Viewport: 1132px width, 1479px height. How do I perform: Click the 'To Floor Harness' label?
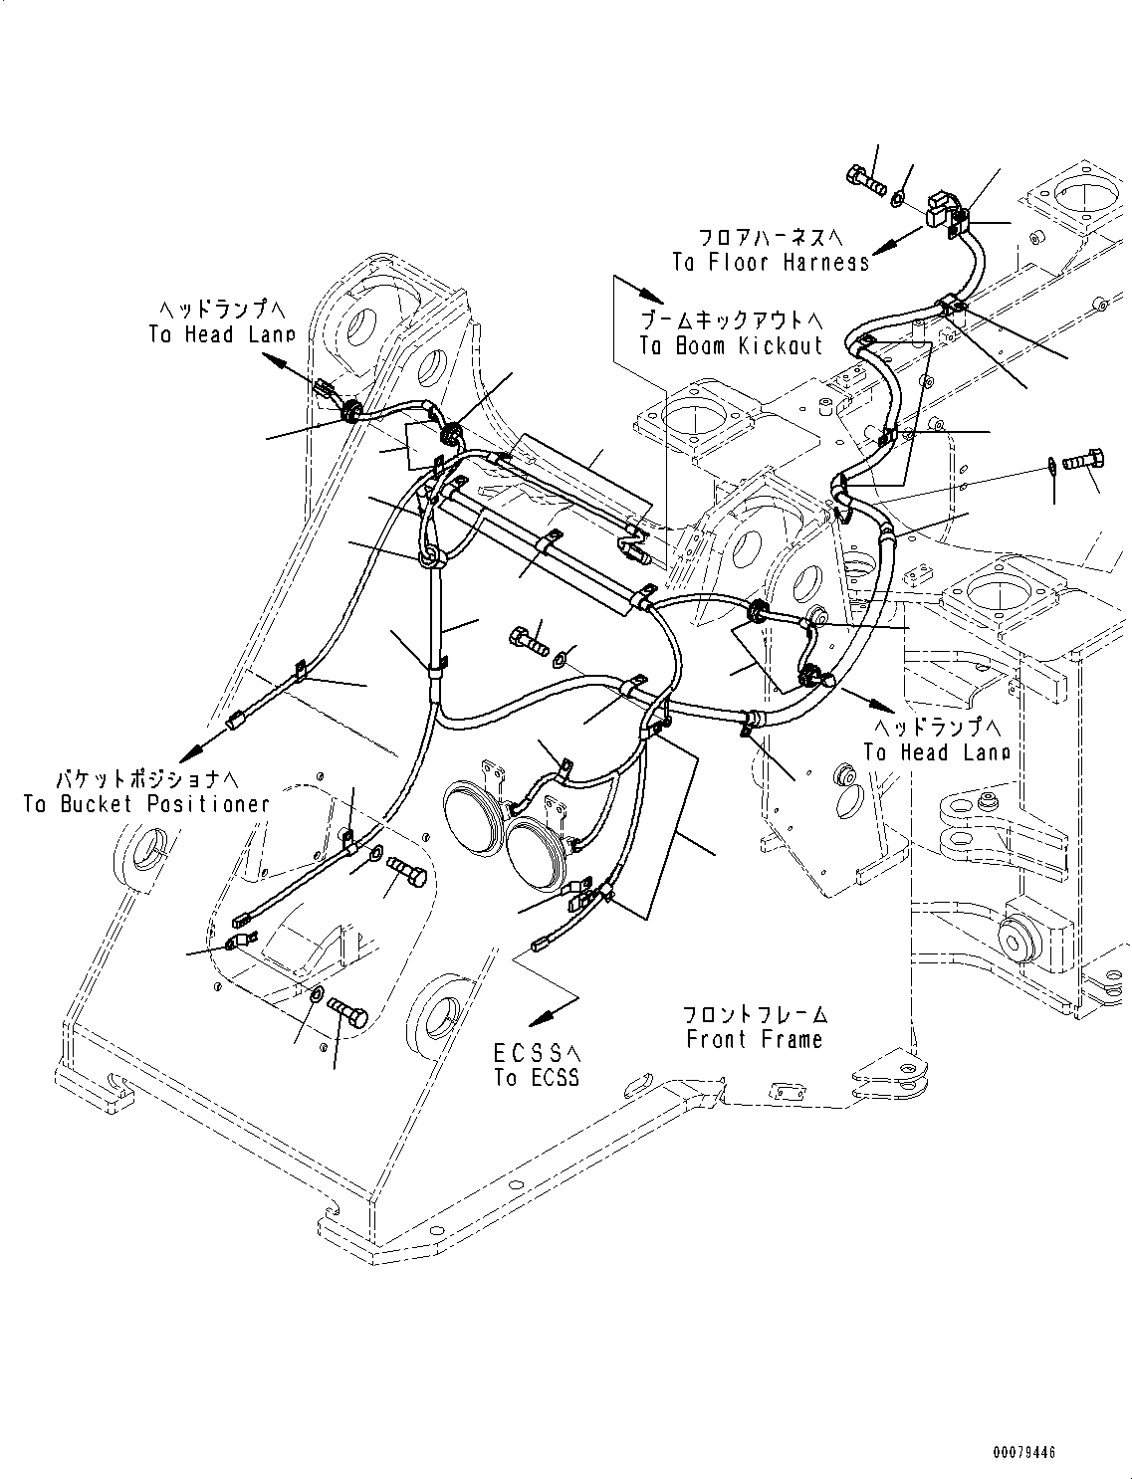[x=770, y=262]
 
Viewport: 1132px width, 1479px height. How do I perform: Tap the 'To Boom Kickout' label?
[x=731, y=345]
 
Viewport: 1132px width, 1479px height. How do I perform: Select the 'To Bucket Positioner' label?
[x=146, y=804]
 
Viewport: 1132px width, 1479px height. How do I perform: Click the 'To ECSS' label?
[x=536, y=1078]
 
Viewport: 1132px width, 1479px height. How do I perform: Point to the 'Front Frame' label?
[x=754, y=1040]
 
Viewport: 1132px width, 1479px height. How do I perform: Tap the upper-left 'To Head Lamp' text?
[x=221, y=335]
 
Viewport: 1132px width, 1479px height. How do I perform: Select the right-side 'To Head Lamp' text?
[x=936, y=752]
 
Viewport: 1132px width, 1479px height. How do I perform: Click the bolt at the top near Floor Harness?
[x=864, y=181]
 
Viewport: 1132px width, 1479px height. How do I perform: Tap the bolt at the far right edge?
[x=1082, y=462]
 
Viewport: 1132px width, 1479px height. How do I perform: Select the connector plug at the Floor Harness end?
[x=941, y=209]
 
